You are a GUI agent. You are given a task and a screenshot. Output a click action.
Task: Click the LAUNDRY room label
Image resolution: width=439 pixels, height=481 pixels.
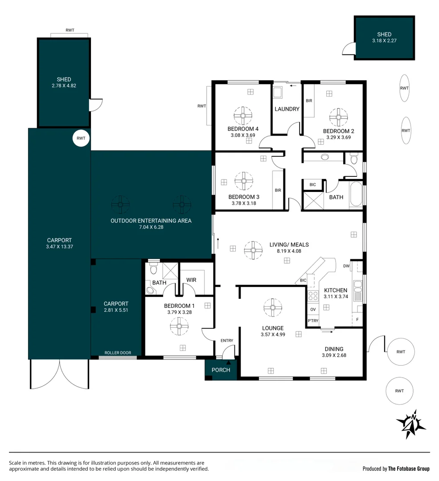click(x=287, y=109)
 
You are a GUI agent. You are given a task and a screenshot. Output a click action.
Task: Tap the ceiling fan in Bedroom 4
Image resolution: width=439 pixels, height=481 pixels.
click(x=243, y=116)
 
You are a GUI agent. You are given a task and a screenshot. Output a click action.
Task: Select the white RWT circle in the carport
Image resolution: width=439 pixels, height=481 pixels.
click(x=81, y=138)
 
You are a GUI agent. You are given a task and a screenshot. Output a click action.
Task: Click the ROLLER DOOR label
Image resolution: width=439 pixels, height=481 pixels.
click(x=118, y=353)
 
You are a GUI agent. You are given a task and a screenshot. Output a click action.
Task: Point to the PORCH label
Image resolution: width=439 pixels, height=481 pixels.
click(x=221, y=370)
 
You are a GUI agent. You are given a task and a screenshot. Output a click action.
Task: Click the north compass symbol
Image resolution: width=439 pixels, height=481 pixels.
click(x=411, y=424)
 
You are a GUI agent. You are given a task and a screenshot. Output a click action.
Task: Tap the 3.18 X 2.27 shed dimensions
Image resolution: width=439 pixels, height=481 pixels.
click(x=384, y=41)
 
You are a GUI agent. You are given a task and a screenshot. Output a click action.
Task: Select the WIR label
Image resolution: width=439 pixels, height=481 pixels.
click(x=191, y=280)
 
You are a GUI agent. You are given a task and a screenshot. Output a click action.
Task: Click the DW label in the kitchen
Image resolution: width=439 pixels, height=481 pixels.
click(x=346, y=266)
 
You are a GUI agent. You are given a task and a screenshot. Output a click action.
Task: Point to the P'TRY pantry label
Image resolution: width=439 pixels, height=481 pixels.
click(x=313, y=321)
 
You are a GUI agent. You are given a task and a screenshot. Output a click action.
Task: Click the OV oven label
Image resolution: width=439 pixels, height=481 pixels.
click(x=313, y=309)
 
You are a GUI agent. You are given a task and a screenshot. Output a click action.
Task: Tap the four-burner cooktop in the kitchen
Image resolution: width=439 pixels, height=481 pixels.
click(x=313, y=296)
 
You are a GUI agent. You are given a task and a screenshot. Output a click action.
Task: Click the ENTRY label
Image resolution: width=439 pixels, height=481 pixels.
click(x=227, y=341)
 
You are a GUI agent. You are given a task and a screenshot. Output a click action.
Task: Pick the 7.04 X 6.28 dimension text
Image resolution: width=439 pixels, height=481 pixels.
click(x=151, y=227)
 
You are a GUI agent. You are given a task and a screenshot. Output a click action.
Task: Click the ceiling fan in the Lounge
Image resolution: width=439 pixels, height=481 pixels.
click(x=273, y=307)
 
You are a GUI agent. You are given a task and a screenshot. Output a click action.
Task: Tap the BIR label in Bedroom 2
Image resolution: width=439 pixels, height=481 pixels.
click(x=309, y=101)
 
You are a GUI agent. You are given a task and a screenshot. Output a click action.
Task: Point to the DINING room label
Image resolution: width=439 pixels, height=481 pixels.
click(x=334, y=349)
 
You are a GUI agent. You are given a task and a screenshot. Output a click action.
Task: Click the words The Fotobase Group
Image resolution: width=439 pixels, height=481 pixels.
click(x=409, y=469)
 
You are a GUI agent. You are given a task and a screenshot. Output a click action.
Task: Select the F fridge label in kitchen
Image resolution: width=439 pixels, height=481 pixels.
click(x=357, y=319)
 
